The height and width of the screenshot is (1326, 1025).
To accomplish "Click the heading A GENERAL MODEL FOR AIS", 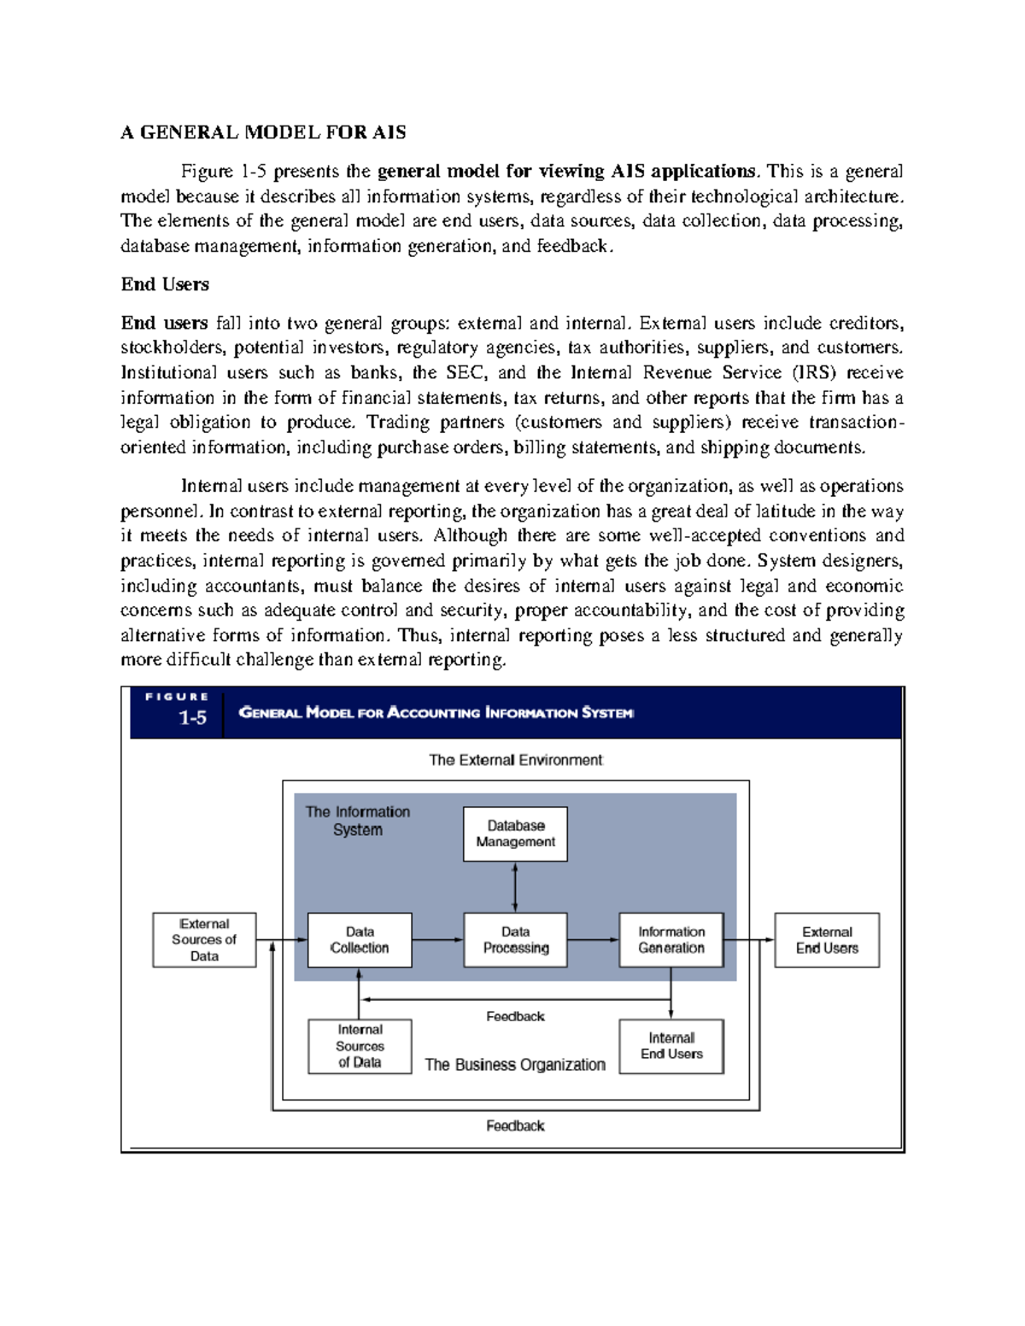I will (263, 132).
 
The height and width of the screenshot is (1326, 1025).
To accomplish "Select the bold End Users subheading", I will (165, 284).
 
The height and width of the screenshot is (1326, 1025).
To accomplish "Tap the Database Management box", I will (515, 833).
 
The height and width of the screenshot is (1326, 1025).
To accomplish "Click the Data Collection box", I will (360, 940).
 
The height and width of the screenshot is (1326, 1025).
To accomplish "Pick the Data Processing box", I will (515, 940).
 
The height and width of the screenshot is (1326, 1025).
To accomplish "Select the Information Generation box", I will (671, 940).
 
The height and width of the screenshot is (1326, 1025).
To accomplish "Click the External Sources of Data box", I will (204, 940).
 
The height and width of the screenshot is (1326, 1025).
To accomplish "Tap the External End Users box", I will (827, 940).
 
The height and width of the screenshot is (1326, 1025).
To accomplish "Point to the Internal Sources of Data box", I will (360, 1046).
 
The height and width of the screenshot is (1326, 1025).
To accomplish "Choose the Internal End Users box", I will (671, 1046).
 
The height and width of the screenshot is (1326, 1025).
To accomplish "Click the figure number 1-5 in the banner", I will (192, 718).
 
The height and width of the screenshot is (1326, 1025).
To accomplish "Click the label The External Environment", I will (515, 760).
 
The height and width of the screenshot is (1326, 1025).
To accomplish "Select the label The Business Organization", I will (515, 1065).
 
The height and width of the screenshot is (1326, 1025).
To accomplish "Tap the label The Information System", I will (358, 821).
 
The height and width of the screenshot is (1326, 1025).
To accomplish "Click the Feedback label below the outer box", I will (515, 1126).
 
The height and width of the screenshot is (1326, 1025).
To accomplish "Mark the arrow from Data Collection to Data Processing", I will (437, 940).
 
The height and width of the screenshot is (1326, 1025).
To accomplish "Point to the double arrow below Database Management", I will (515, 887).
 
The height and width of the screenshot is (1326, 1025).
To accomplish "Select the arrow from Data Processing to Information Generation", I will (593, 940).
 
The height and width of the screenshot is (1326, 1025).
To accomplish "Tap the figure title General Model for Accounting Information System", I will (436, 713).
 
